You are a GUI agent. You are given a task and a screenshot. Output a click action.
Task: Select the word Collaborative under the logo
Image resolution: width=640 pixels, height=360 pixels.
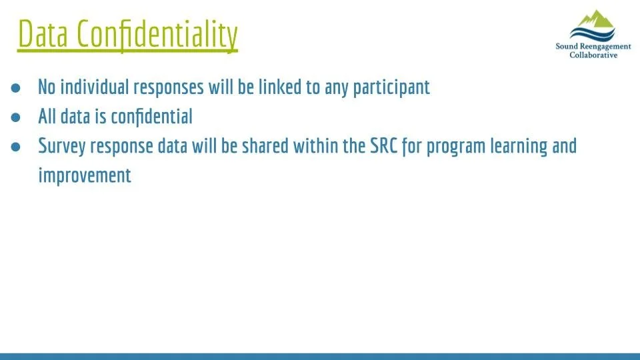click(593, 55)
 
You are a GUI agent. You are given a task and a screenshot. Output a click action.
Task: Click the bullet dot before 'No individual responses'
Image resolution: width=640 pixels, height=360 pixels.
click(16, 87)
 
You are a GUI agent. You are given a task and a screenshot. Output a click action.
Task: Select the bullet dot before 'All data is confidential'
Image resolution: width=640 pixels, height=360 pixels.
click(16, 117)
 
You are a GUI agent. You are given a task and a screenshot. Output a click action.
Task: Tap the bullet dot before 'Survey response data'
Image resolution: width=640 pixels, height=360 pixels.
click(16, 146)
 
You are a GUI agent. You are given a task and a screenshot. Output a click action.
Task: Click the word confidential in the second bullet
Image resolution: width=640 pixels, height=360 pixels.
click(151, 117)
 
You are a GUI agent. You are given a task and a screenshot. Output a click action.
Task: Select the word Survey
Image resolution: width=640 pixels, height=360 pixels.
click(61, 146)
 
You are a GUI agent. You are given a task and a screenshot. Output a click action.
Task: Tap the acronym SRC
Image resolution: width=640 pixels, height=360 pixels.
click(383, 146)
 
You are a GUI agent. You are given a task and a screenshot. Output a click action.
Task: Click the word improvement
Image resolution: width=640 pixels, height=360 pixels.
click(85, 175)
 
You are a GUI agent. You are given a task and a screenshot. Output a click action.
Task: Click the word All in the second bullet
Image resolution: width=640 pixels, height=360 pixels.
click(47, 117)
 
